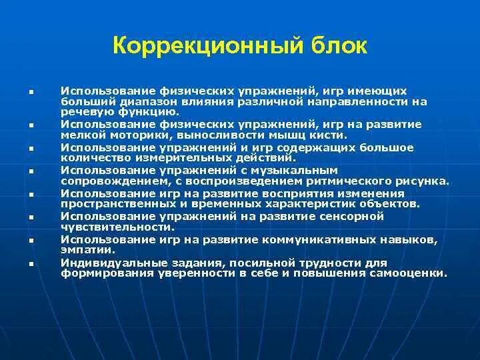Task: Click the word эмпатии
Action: coord(87,250)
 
